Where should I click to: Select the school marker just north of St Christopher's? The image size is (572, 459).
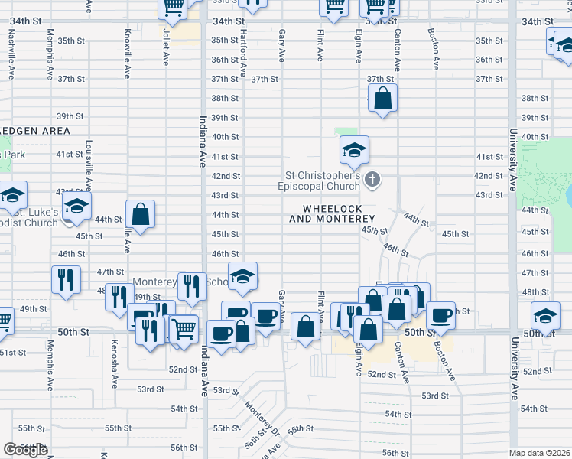pyautogui.click(x=354, y=151)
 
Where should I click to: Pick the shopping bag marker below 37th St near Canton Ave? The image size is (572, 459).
pyautogui.click(x=382, y=99)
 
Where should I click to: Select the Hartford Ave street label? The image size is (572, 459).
pyautogui.click(x=243, y=54)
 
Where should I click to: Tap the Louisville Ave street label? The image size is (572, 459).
pyautogui.click(x=89, y=164)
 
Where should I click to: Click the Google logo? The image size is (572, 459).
pyautogui.click(x=24, y=450)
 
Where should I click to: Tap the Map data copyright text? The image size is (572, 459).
pyautogui.click(x=540, y=453)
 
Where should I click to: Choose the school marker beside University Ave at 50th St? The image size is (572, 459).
pyautogui.click(x=545, y=315)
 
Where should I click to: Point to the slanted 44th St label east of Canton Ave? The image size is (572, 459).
pyautogui.click(x=416, y=220)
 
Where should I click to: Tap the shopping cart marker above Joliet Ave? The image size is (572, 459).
pyautogui.click(x=174, y=7)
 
